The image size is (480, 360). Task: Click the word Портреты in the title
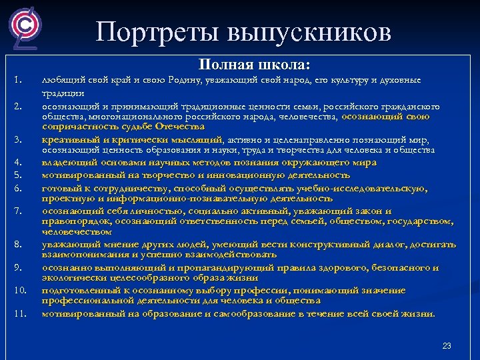pyautogui.click(x=157, y=31)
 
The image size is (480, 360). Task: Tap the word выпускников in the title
pyautogui.click(x=310, y=31)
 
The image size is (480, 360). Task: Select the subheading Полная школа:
pyautogui.click(x=254, y=65)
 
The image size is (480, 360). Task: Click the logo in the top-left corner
pyautogui.click(x=25, y=28)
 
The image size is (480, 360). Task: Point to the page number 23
pyautogui.click(x=447, y=345)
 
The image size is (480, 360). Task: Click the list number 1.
pyautogui.click(x=19, y=81)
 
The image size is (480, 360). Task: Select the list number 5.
pyautogui.click(x=19, y=175)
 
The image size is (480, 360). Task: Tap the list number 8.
pyautogui.click(x=19, y=245)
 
